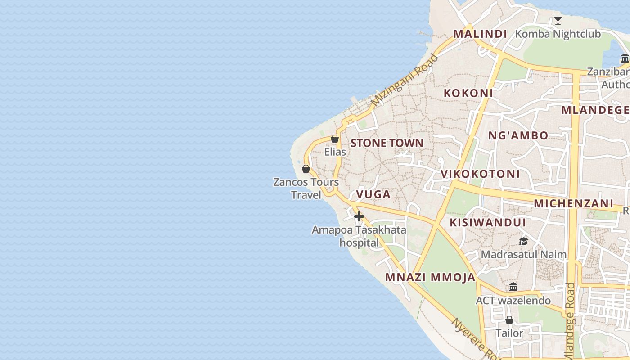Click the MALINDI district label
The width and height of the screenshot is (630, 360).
coord(480,34)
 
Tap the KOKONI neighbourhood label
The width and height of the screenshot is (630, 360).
coord(468,93)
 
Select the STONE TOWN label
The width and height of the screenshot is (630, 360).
coord(387,143)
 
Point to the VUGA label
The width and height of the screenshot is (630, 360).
coord(373,194)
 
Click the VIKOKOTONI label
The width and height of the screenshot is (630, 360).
coord(480,174)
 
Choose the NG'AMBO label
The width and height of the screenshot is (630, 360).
coord(518,135)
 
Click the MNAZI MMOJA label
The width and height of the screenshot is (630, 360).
coord(431,277)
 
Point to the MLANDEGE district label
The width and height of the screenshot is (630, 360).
coord(595,110)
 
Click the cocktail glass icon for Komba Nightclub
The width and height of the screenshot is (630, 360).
coord(558,20)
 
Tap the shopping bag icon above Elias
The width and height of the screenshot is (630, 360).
coord(335,139)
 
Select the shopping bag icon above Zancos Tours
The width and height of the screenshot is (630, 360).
coord(306,169)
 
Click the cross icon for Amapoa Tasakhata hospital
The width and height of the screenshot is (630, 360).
coord(359,217)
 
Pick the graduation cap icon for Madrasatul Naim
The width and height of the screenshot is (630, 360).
coord(523,242)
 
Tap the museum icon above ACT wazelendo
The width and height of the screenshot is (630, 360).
coord(513,287)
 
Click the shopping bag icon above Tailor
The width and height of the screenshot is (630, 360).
coord(509,320)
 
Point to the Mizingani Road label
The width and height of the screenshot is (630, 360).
coord(405,80)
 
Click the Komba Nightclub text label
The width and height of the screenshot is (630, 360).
coord(558,34)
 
